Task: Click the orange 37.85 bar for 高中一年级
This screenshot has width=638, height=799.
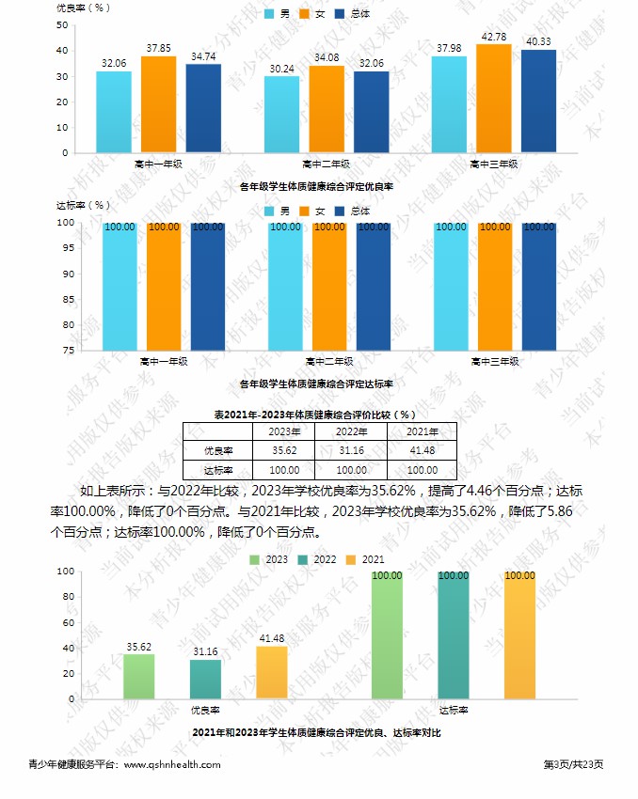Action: click(x=158, y=104)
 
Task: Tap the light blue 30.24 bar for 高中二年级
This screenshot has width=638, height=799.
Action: click(x=281, y=115)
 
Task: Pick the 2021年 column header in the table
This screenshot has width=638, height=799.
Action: click(x=422, y=431)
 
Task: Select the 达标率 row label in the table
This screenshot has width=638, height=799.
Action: click(x=217, y=469)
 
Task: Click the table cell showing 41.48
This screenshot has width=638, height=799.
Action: click(x=422, y=450)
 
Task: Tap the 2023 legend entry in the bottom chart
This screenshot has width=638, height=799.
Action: click(x=270, y=559)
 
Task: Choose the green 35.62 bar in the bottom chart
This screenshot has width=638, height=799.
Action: click(x=139, y=677)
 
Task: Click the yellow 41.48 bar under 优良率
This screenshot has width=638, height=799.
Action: click(x=271, y=673)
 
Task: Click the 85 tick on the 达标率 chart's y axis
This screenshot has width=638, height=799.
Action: click(x=68, y=299)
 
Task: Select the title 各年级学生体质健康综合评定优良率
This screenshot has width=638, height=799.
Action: click(x=315, y=187)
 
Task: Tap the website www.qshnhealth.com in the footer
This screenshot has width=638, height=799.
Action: click(x=172, y=764)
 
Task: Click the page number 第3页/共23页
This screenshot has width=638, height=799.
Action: click(x=574, y=764)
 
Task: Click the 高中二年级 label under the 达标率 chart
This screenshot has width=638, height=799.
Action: click(x=329, y=361)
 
